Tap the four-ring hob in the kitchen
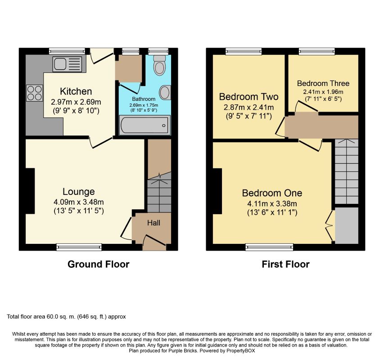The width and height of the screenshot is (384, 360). tap(35, 93)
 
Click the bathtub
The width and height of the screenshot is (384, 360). tap(145, 125)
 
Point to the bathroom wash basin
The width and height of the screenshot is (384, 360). tap(165, 93)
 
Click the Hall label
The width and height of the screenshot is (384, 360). tap(154, 223)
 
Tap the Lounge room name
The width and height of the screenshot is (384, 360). tap(79, 192)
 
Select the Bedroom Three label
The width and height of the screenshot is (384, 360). tap(323, 83)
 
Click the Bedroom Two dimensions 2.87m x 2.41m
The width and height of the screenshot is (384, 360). tap(249, 107)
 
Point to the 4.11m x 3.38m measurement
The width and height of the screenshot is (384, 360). tap(272, 203)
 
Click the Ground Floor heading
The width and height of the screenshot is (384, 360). tap(99, 264)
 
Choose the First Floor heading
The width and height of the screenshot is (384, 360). tap(285, 264)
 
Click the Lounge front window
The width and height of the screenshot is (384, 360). tap(79, 247)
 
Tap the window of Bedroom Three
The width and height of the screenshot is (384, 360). tap(316, 51)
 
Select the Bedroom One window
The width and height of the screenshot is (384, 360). tap(269, 247)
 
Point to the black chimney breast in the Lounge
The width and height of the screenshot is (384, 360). tap(30, 191)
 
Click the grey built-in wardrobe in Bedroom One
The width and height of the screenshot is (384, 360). tap(347, 225)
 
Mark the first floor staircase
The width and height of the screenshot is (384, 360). tap(347, 171)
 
